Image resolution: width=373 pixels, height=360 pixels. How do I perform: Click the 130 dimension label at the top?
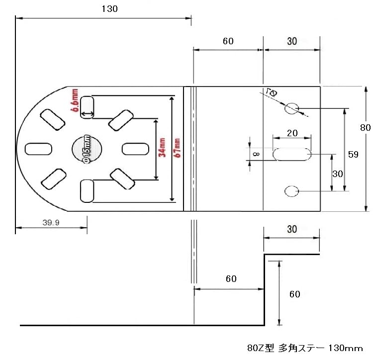(x=109, y=9)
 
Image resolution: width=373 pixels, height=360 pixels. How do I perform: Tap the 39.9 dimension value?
(x=51, y=223)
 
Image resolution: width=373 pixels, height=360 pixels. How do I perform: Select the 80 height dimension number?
(x=366, y=128)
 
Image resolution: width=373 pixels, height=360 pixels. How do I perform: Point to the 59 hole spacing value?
(x=353, y=155)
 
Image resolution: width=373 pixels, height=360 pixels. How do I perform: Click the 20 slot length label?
(x=292, y=134)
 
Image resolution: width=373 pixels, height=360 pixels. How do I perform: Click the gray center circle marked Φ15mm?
(x=86, y=149)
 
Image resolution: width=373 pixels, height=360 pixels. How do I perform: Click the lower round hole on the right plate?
(x=291, y=190)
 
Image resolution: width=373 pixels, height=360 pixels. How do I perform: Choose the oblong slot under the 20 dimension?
(x=292, y=154)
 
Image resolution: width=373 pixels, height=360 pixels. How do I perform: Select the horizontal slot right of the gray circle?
(x=135, y=149)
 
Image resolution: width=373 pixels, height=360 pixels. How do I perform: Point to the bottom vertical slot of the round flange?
(x=87, y=191)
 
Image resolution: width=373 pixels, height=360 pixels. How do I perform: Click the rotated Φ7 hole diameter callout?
(x=272, y=92)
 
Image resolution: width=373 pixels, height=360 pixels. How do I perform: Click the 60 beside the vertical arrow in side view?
(x=295, y=294)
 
